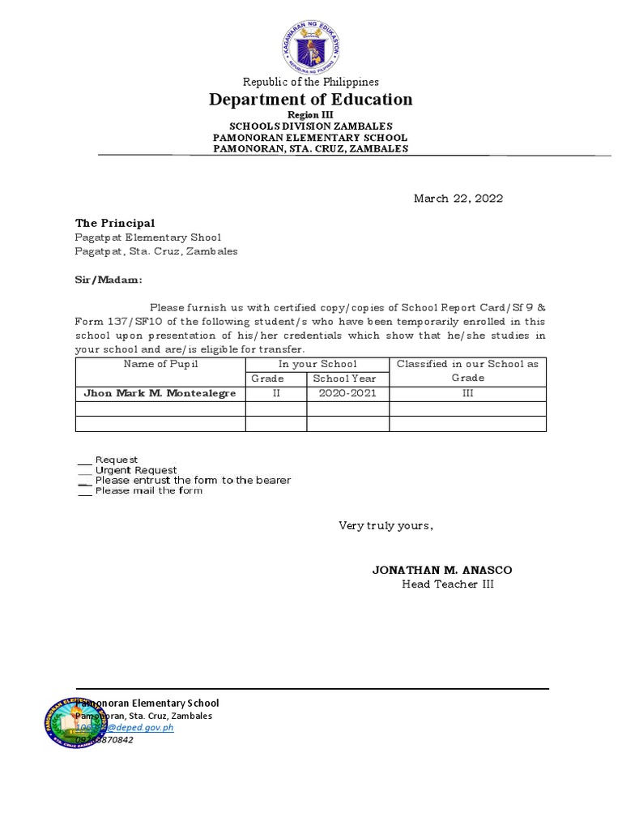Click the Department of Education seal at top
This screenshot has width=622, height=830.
point(311,46)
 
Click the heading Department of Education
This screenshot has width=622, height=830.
point(311,100)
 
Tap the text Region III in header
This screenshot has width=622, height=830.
point(311,115)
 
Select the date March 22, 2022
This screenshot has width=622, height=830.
point(458,199)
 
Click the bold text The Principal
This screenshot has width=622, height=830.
point(109,223)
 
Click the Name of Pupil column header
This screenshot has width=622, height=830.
point(160,364)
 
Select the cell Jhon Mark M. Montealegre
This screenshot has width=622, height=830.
point(160,393)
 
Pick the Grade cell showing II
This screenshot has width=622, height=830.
point(275,393)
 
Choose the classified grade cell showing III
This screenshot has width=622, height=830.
point(467,393)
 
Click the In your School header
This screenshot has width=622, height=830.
point(317,364)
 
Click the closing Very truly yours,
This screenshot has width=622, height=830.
point(386,526)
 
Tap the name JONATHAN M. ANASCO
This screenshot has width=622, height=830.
point(441,570)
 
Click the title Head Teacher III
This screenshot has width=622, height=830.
point(447,584)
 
